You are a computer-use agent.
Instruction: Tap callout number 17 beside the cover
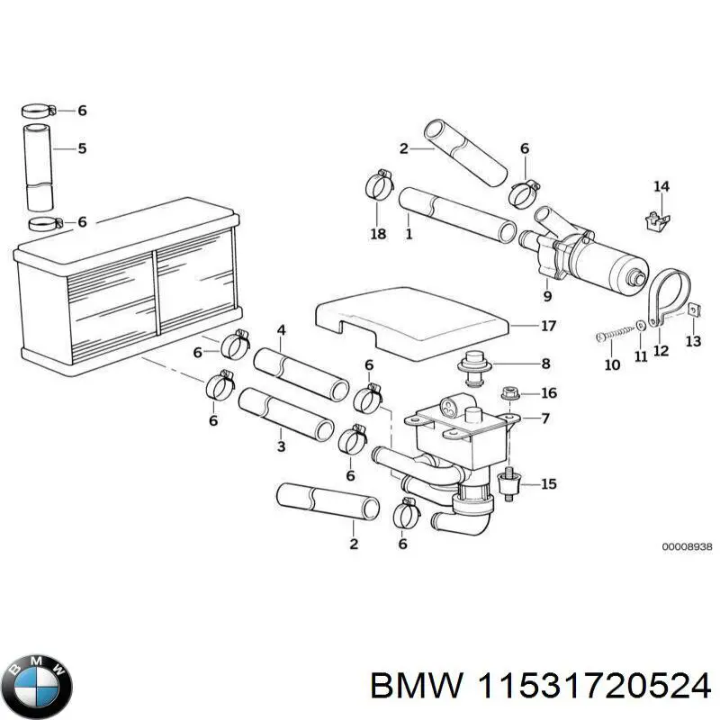tap(547, 326)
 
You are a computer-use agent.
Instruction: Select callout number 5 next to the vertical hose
tap(82, 148)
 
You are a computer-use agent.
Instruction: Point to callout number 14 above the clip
tap(661, 187)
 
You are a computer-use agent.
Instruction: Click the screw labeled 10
tap(611, 337)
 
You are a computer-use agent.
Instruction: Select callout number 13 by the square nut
tap(693, 340)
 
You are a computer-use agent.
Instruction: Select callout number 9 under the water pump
tap(547, 294)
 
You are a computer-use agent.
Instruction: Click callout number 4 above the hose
tap(281, 330)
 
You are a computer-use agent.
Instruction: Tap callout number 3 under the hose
tap(281, 445)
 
